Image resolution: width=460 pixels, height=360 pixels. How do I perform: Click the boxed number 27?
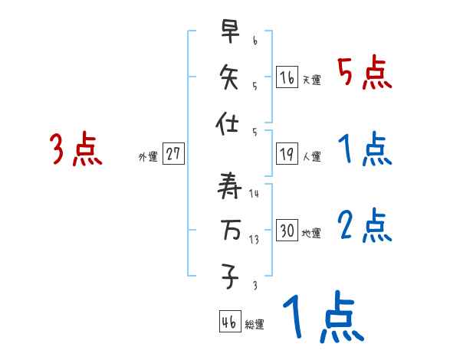click(x=173, y=154)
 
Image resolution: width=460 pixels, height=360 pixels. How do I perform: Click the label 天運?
click(x=311, y=80)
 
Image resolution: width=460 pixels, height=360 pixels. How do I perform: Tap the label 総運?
click(x=255, y=325)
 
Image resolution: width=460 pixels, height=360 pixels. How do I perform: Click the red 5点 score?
click(x=365, y=73)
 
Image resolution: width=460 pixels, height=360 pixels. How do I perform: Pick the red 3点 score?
click(x=76, y=149)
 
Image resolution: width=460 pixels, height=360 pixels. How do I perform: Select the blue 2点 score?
click(x=365, y=226)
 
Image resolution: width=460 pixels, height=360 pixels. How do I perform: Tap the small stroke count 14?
click(x=254, y=194)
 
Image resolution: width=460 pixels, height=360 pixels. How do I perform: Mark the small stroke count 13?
click(x=254, y=239)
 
